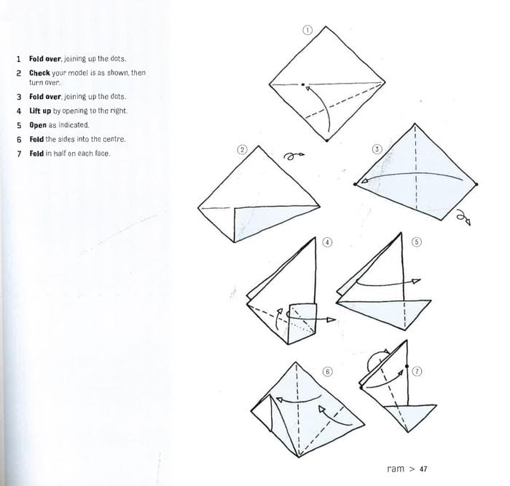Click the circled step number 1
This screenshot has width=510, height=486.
click(307, 31)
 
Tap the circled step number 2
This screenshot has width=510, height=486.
click(242, 149)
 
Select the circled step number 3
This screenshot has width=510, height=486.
click(377, 149)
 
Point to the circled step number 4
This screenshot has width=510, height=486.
click(328, 242)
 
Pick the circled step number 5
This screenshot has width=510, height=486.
click(417, 242)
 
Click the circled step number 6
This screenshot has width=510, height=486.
click(328, 372)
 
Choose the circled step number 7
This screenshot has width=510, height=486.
click(417, 370)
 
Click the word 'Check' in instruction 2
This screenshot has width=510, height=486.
click(39, 73)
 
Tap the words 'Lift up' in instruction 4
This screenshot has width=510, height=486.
click(39, 111)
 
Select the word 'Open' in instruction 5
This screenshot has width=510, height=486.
click(38, 125)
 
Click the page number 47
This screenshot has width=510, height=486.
click(424, 469)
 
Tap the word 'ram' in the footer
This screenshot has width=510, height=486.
click(396, 469)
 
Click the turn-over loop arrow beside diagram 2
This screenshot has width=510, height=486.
click(292, 155)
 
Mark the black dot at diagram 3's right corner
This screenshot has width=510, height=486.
click(476, 185)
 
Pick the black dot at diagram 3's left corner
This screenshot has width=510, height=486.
click(355, 185)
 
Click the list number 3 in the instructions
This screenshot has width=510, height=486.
click(19, 97)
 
